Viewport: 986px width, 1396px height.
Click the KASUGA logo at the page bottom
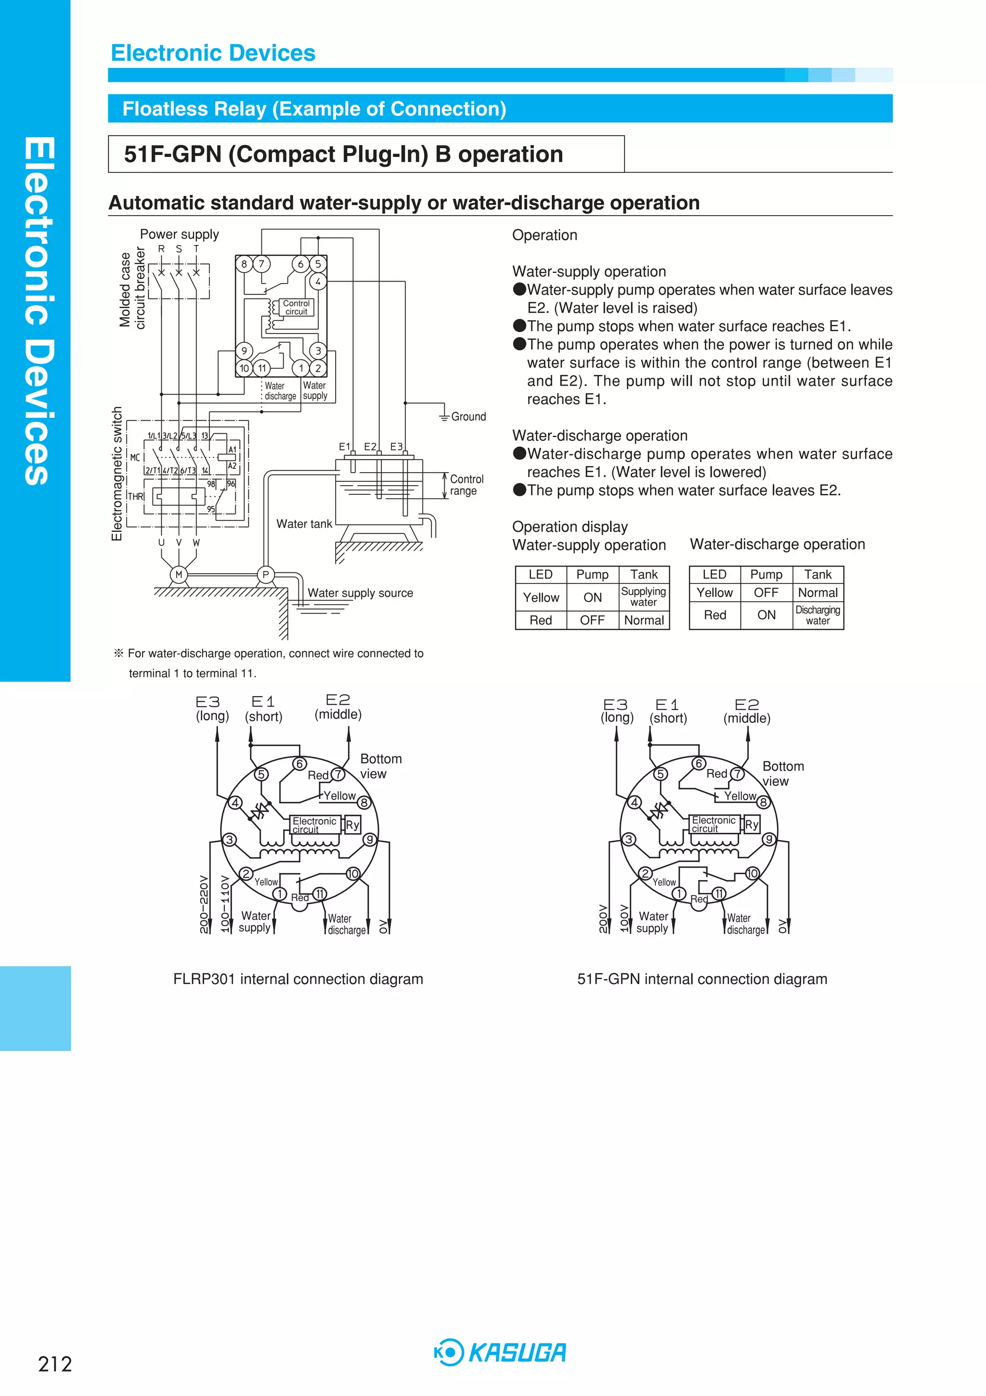500,1353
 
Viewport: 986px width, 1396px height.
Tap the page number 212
55,1364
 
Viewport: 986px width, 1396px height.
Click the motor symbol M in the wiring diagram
178,575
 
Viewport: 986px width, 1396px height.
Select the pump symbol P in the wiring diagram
265,575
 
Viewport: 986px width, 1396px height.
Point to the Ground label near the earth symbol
468,416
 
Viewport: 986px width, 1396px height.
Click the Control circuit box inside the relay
296,308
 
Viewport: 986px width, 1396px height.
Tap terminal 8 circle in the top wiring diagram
244,264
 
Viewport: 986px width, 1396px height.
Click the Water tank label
304,524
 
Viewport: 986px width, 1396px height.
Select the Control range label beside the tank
467,485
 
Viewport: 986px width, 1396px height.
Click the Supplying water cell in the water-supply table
644,596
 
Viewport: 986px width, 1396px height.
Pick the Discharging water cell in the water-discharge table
817,615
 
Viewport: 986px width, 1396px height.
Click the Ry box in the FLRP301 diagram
352,825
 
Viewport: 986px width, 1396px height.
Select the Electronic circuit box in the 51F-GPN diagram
714,825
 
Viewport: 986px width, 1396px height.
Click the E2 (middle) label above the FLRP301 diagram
338,707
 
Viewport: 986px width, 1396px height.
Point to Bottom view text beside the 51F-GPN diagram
783,774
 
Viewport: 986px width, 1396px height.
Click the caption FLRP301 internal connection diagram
298,979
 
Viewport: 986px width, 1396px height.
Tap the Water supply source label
360,593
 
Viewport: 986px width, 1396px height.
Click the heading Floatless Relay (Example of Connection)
314,109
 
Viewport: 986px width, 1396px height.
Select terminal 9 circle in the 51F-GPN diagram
769,840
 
